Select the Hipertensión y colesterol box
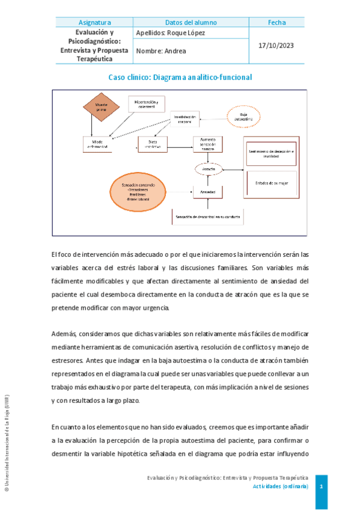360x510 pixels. (142, 105)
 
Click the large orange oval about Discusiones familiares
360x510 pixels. (138, 191)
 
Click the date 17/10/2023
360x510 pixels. (276, 46)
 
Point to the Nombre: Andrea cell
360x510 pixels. (161, 51)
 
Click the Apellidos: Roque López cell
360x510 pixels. (171, 32)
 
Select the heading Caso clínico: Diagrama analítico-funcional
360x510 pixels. (180, 78)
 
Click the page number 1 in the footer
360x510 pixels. (322, 485)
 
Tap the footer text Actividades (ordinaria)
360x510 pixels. (280, 486)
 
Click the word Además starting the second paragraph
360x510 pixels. (64, 333)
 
